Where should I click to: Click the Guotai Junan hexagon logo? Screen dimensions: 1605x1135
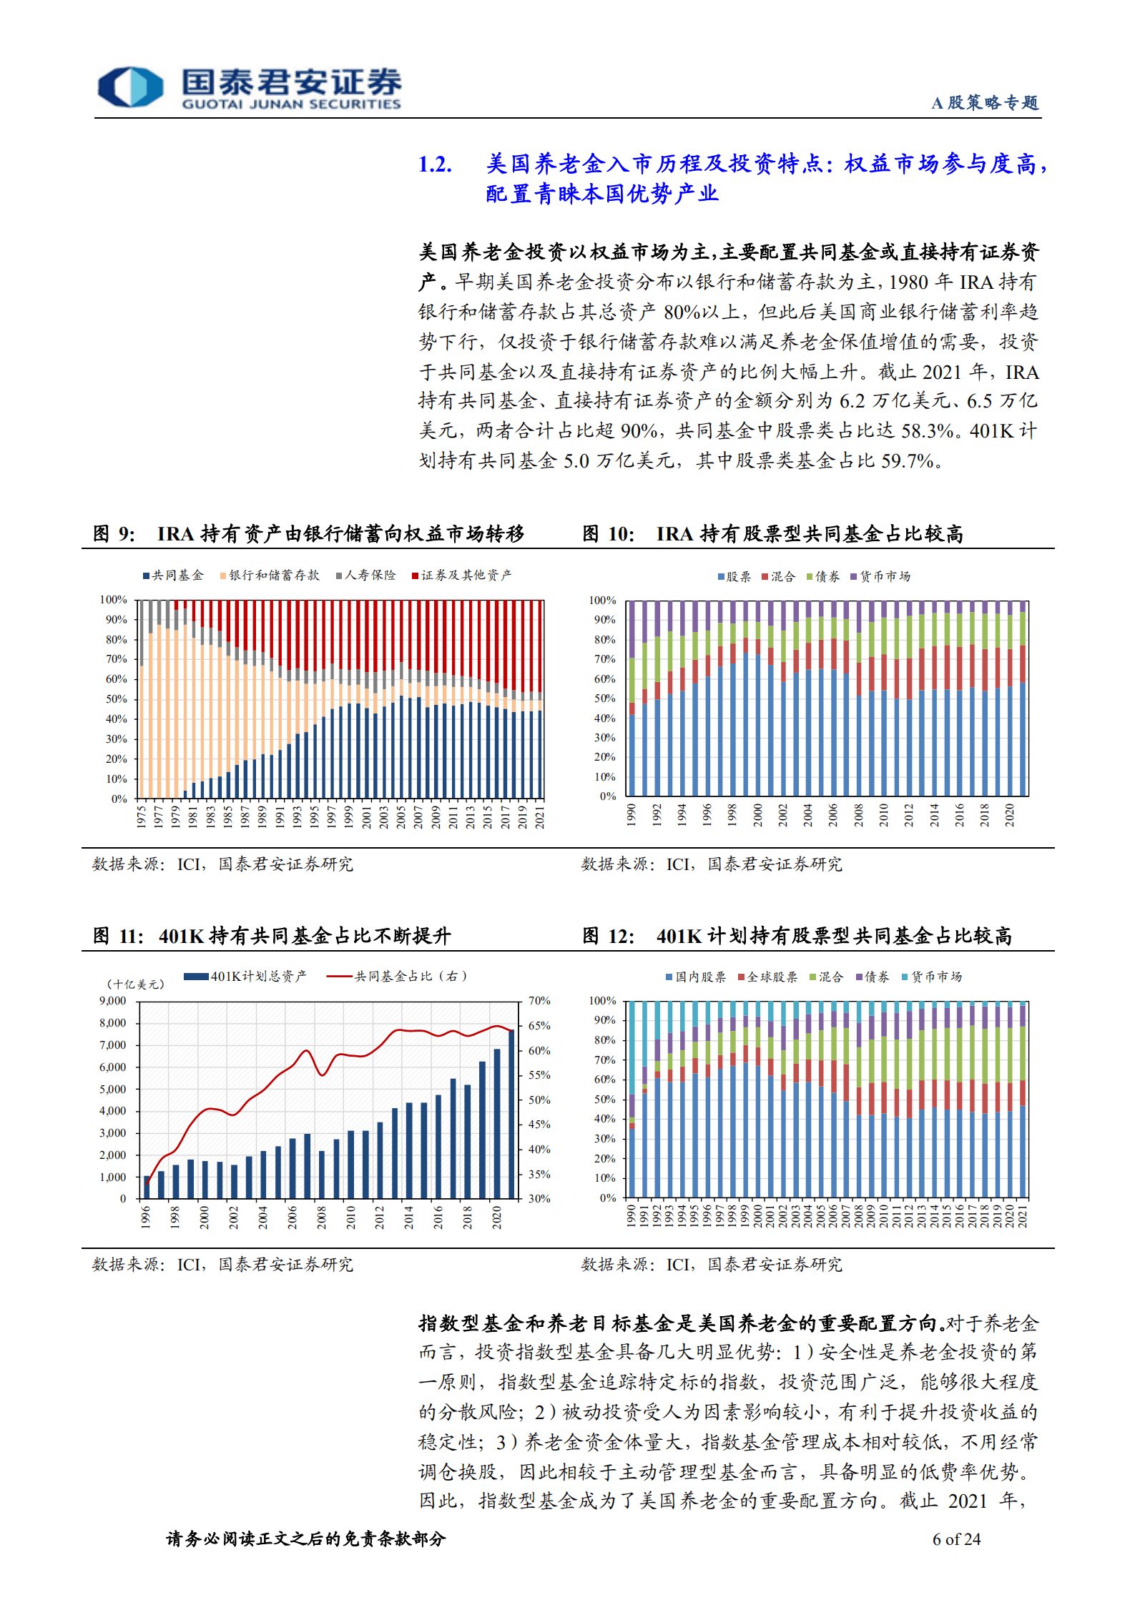130,87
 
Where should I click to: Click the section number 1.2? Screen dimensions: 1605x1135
435,165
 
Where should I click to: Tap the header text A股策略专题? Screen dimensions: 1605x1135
984,103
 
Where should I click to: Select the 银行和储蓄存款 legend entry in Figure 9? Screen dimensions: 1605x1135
270,576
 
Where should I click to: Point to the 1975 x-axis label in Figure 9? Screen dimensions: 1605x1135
142,816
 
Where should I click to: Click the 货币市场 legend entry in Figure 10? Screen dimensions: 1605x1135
880,577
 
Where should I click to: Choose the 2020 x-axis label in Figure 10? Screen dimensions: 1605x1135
1010,815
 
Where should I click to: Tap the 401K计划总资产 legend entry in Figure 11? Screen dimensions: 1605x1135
245,977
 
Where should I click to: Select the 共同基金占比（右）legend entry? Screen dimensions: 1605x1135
397,977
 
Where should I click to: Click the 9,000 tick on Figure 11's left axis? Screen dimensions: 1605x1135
113,1001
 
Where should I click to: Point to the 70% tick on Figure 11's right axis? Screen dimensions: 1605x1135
539,1001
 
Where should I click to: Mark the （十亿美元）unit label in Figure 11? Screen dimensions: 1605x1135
136,984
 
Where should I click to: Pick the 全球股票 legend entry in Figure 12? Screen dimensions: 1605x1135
767,977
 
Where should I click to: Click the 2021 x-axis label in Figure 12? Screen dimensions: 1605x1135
1023,1216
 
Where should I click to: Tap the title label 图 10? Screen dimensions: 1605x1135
608,534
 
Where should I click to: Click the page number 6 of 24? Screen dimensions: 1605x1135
956,1539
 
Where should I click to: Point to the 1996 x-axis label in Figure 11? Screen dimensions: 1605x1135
146,1217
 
